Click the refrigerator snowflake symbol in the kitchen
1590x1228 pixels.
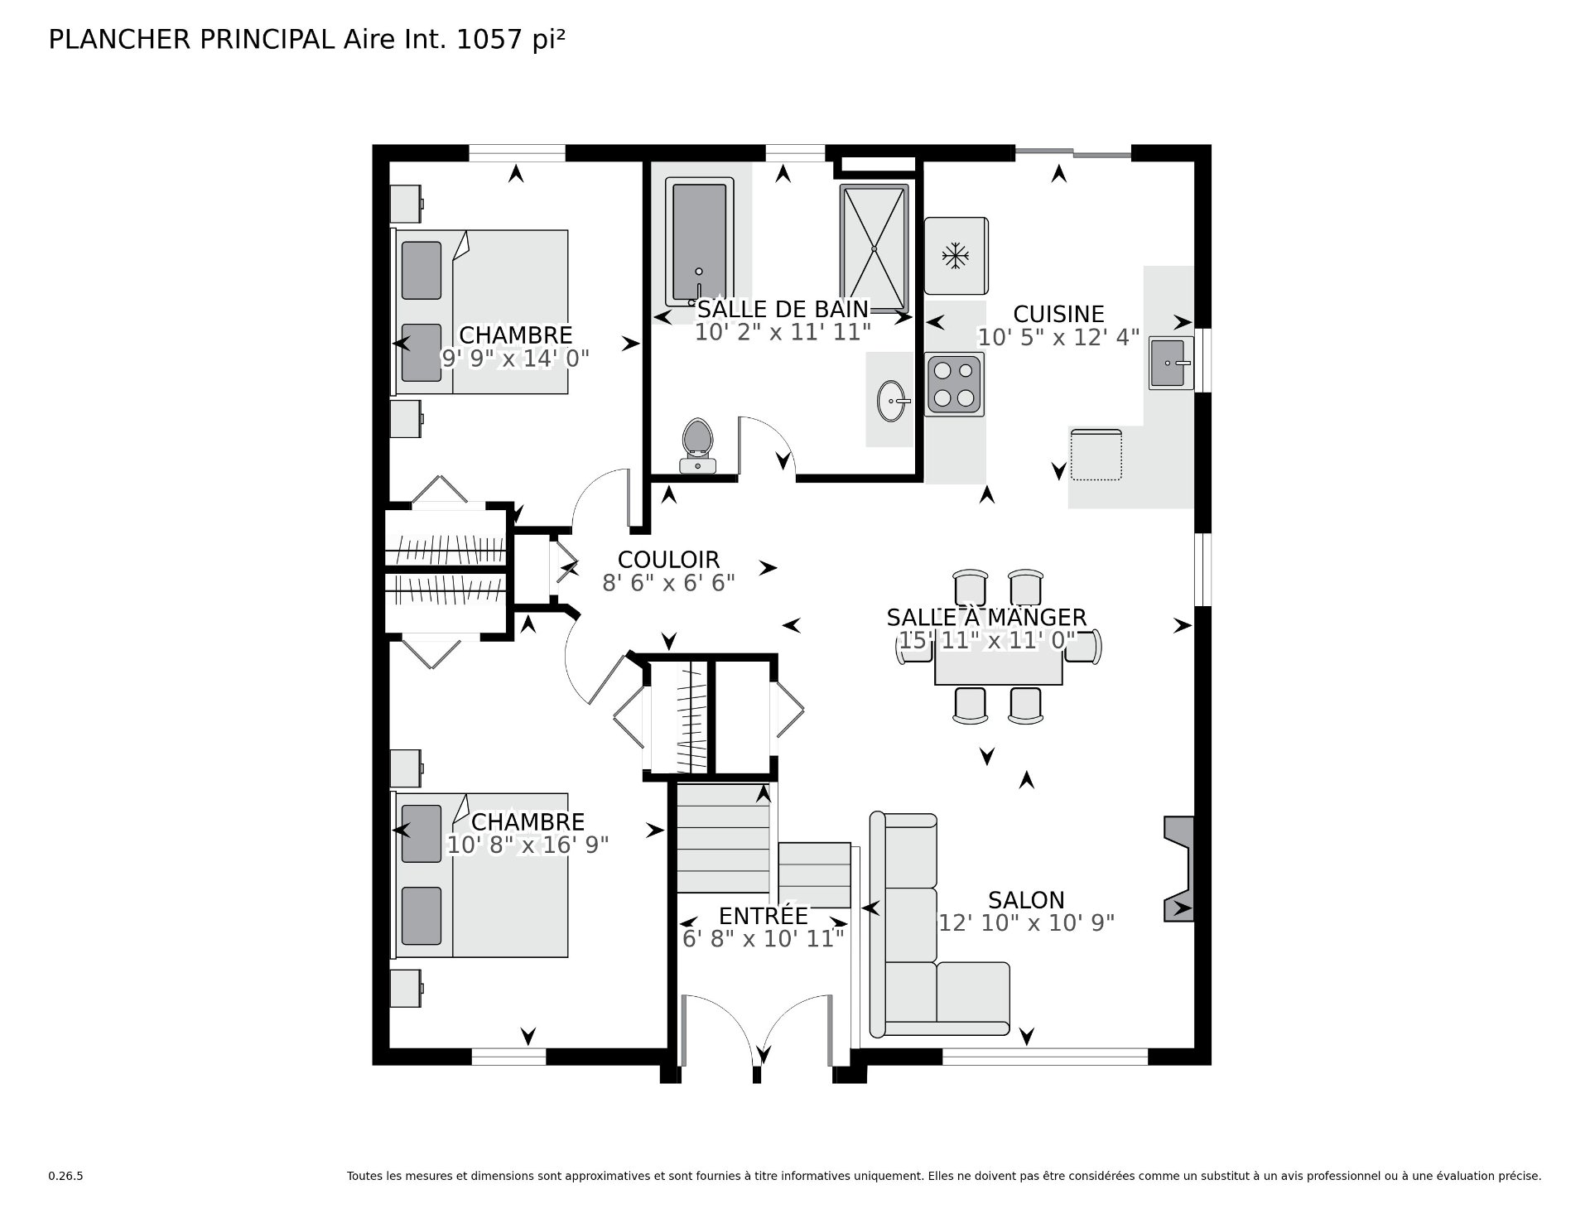click(956, 255)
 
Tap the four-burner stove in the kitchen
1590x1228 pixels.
click(954, 384)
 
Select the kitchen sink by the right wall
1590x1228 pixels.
click(1171, 363)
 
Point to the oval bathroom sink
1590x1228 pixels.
click(893, 402)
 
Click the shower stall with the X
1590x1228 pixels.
click(874, 248)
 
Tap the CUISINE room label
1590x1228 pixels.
click(1058, 314)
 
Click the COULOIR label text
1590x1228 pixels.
click(668, 560)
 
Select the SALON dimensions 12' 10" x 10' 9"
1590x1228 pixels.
click(1026, 922)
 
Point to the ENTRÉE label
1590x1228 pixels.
click(763, 916)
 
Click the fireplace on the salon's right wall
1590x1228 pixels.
click(1178, 869)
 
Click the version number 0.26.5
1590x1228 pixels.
click(66, 1176)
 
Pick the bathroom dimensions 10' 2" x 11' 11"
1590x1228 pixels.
click(783, 332)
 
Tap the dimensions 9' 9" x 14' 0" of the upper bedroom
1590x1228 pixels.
click(514, 358)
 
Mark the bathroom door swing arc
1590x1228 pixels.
click(777, 434)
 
